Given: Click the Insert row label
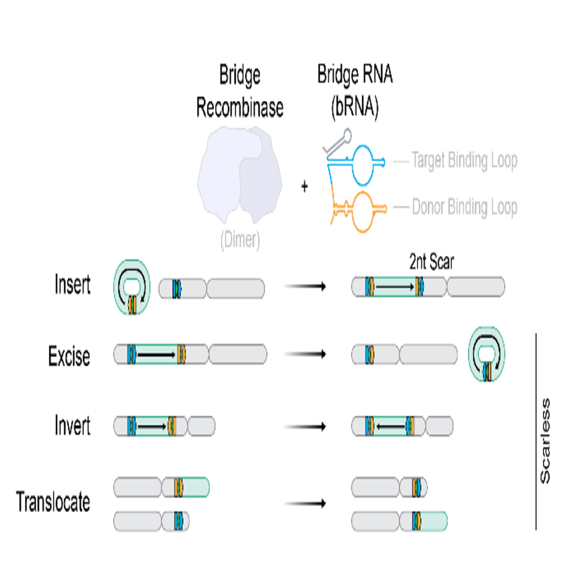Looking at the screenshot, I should [x=72, y=285].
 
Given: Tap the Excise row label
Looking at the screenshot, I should [x=69, y=357].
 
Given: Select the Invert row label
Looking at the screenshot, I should [x=72, y=426].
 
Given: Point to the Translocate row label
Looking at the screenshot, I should [x=53, y=502].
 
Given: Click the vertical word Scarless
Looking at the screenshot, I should [x=545, y=440].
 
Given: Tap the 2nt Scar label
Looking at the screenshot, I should [x=432, y=262].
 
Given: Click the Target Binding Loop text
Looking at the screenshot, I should [x=464, y=160].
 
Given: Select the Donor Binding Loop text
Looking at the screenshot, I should [x=464, y=207].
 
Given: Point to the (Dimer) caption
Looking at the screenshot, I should [x=240, y=240].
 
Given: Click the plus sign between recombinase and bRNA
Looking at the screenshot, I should [x=305, y=186].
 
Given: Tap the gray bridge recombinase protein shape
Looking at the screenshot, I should [x=240, y=174].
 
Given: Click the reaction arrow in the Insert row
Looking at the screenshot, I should [x=305, y=286].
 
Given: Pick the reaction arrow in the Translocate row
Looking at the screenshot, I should [x=305, y=503].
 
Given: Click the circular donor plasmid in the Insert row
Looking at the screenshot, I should [x=132, y=287].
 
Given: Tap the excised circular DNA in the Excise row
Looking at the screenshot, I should [x=487, y=354].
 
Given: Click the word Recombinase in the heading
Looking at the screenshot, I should [x=240, y=107].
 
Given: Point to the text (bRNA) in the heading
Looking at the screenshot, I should [x=355, y=107].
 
